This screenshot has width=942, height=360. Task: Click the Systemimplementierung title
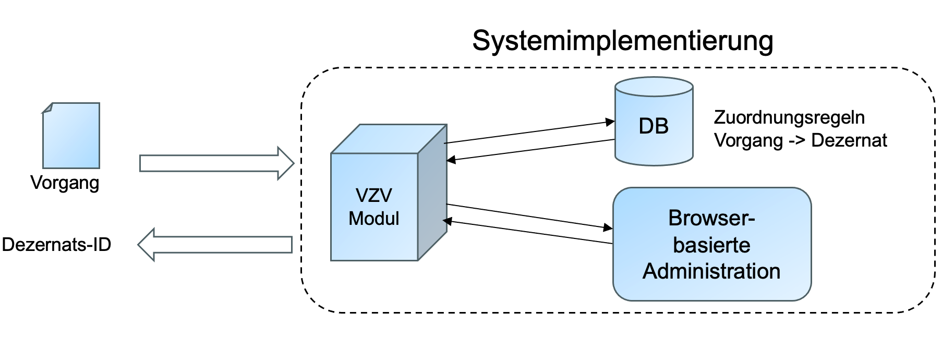622,41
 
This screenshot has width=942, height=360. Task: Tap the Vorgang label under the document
65,183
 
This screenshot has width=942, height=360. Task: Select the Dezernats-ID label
56,244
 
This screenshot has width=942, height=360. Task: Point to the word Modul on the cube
373,218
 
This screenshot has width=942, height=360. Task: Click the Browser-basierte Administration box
711,244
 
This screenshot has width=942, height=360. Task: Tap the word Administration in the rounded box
711,271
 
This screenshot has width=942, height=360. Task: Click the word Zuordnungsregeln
789,117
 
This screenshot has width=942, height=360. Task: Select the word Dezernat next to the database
849,140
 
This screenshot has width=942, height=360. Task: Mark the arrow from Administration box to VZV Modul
527,232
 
